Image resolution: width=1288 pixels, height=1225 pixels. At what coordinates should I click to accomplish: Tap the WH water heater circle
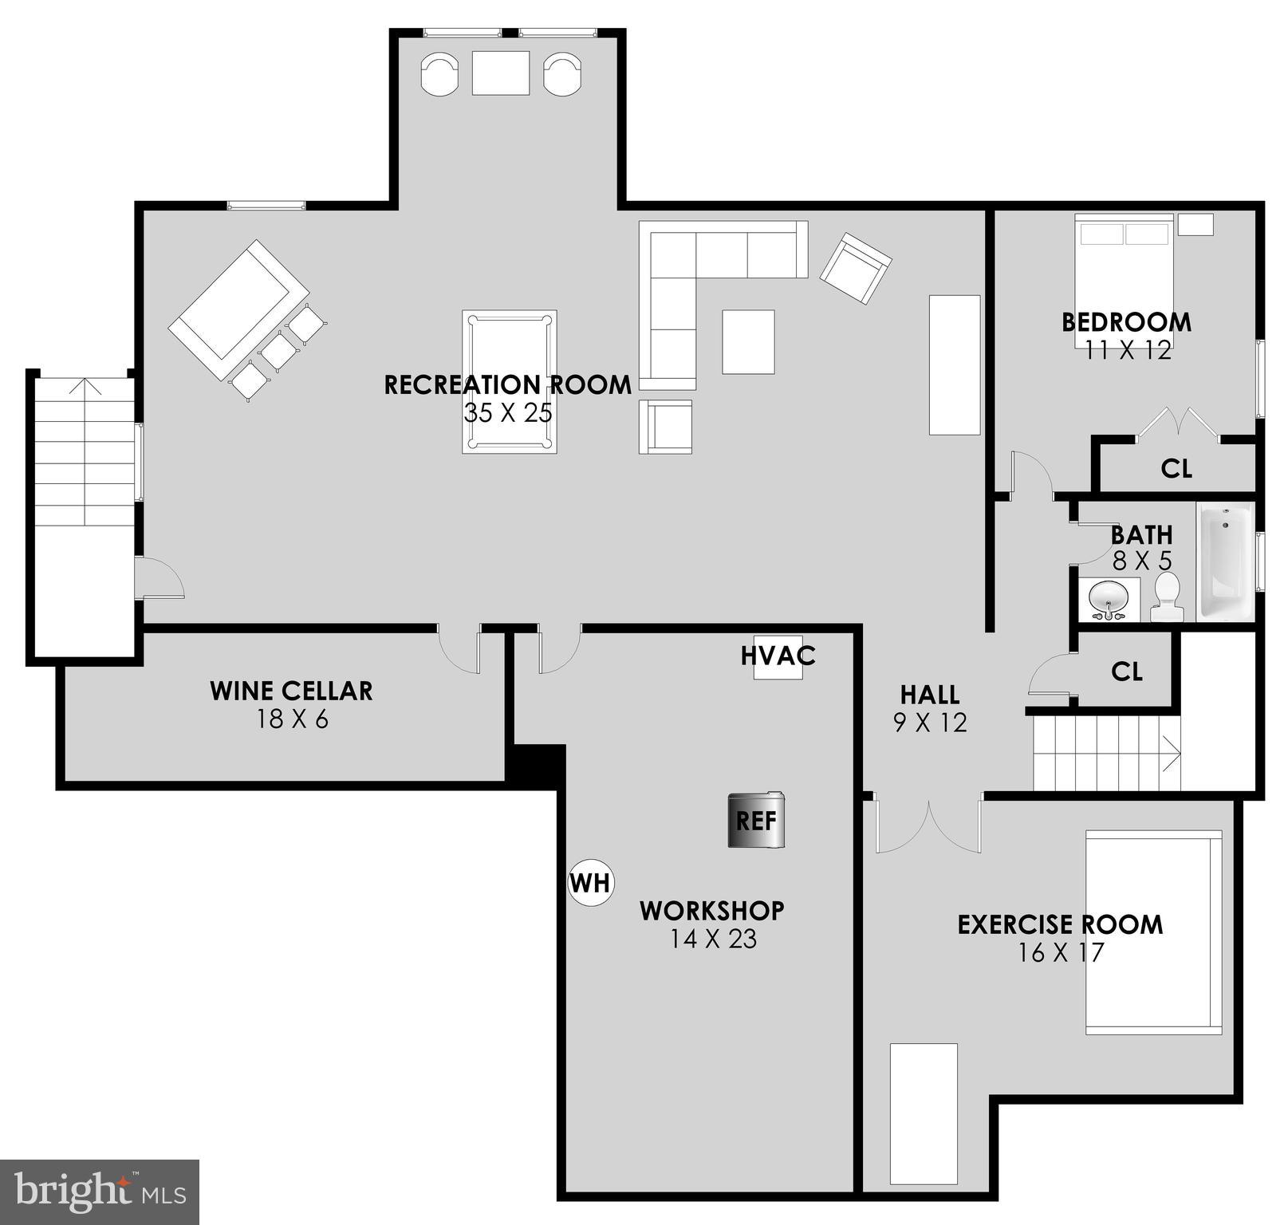591,883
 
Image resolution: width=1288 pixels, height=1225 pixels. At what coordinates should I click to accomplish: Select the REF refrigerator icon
755,820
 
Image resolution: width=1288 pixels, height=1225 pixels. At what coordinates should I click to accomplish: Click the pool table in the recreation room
509,381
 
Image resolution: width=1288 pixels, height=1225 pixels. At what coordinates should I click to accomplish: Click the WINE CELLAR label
291,691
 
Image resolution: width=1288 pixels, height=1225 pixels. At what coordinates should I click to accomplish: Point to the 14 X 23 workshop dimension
713,939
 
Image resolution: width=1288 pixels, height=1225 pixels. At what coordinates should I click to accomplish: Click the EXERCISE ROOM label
1060,925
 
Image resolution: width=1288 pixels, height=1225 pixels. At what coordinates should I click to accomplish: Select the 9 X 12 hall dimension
930,723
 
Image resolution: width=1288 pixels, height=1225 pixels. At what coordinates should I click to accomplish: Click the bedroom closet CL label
1176,469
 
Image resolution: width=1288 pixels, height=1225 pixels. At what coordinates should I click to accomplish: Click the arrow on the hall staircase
1170,754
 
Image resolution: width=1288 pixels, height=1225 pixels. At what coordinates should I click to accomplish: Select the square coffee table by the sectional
748,341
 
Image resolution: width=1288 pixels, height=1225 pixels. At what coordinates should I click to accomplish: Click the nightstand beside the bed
1195,224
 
